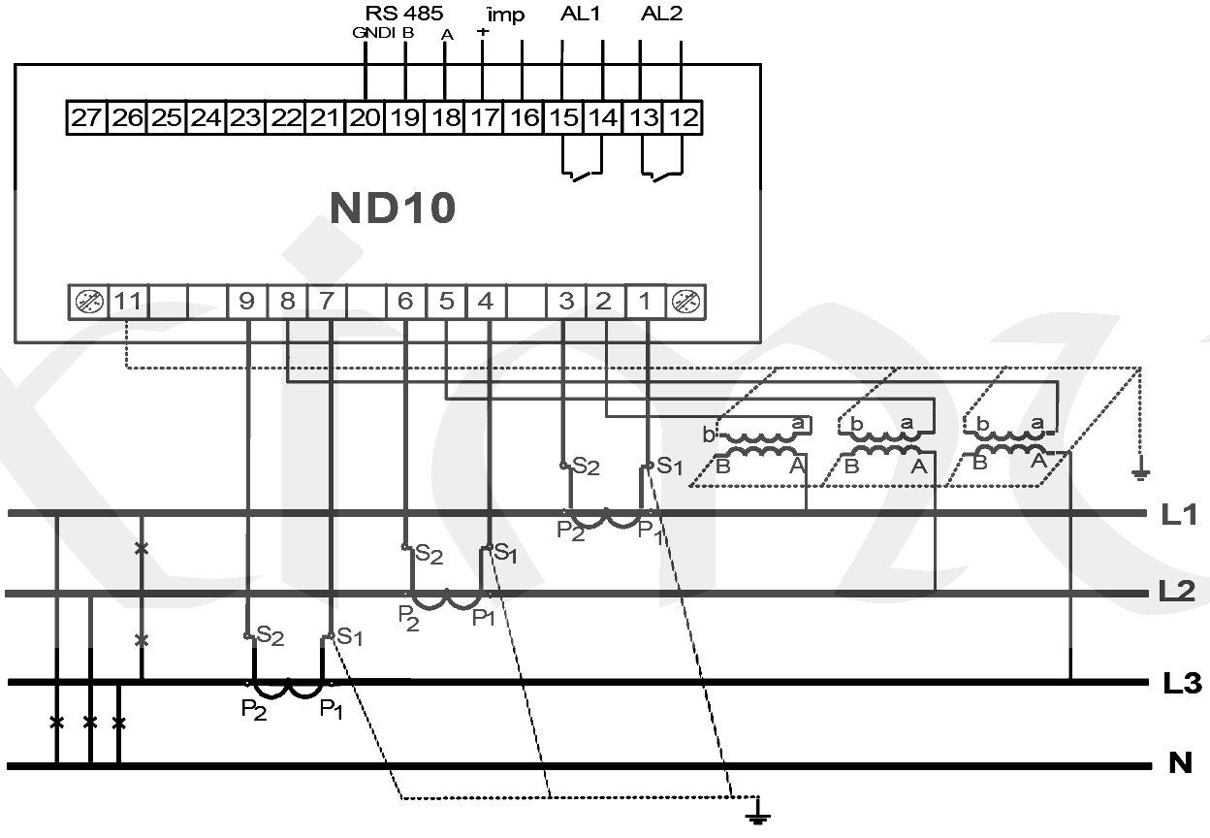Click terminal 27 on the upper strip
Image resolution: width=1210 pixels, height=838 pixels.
85,118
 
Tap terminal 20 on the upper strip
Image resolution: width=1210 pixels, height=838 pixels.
365,118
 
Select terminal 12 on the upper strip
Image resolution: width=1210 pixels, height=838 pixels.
684,118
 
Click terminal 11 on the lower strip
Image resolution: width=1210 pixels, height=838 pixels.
127,302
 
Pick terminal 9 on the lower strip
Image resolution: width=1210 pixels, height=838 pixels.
246,302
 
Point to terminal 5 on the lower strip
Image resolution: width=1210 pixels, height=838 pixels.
446,302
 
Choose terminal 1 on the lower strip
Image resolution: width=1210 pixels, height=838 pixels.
645,302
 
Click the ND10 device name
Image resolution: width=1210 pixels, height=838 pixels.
392,209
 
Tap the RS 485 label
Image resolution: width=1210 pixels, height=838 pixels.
404,14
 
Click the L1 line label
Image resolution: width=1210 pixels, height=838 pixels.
1180,514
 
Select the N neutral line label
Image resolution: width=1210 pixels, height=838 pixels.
1179,764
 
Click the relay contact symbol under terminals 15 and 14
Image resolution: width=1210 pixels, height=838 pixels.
583,175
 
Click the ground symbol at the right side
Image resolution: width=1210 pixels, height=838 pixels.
1141,472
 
